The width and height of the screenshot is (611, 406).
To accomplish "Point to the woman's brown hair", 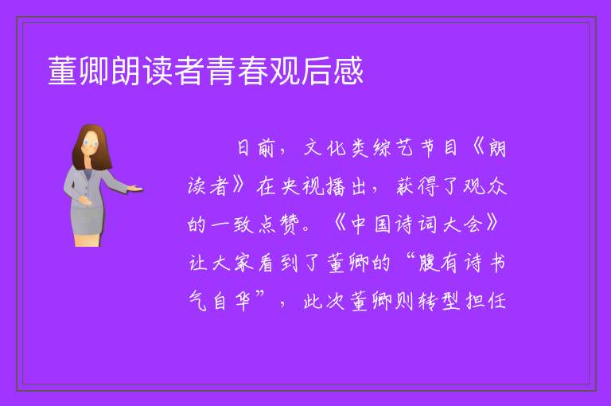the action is pos(91,146).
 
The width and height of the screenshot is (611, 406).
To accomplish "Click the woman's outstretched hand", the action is pos(134,189).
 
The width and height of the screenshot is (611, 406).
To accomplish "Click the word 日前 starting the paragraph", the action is pos(255,148).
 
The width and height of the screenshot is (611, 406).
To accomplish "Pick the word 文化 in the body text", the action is pos(325,148).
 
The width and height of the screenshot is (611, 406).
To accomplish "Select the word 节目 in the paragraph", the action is pos(439,148).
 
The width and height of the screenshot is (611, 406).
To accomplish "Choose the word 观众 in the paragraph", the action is pos(485,186).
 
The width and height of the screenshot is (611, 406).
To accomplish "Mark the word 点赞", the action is pos(279,224).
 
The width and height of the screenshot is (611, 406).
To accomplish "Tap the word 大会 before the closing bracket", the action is pos(463,224).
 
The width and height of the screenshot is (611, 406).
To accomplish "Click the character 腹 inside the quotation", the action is pos(429,263).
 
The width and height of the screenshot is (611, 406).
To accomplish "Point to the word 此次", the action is pos(325,301).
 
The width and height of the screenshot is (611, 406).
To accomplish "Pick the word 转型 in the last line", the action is pos(439,301).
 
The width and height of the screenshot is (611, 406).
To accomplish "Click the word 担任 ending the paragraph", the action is pos(486,301).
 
